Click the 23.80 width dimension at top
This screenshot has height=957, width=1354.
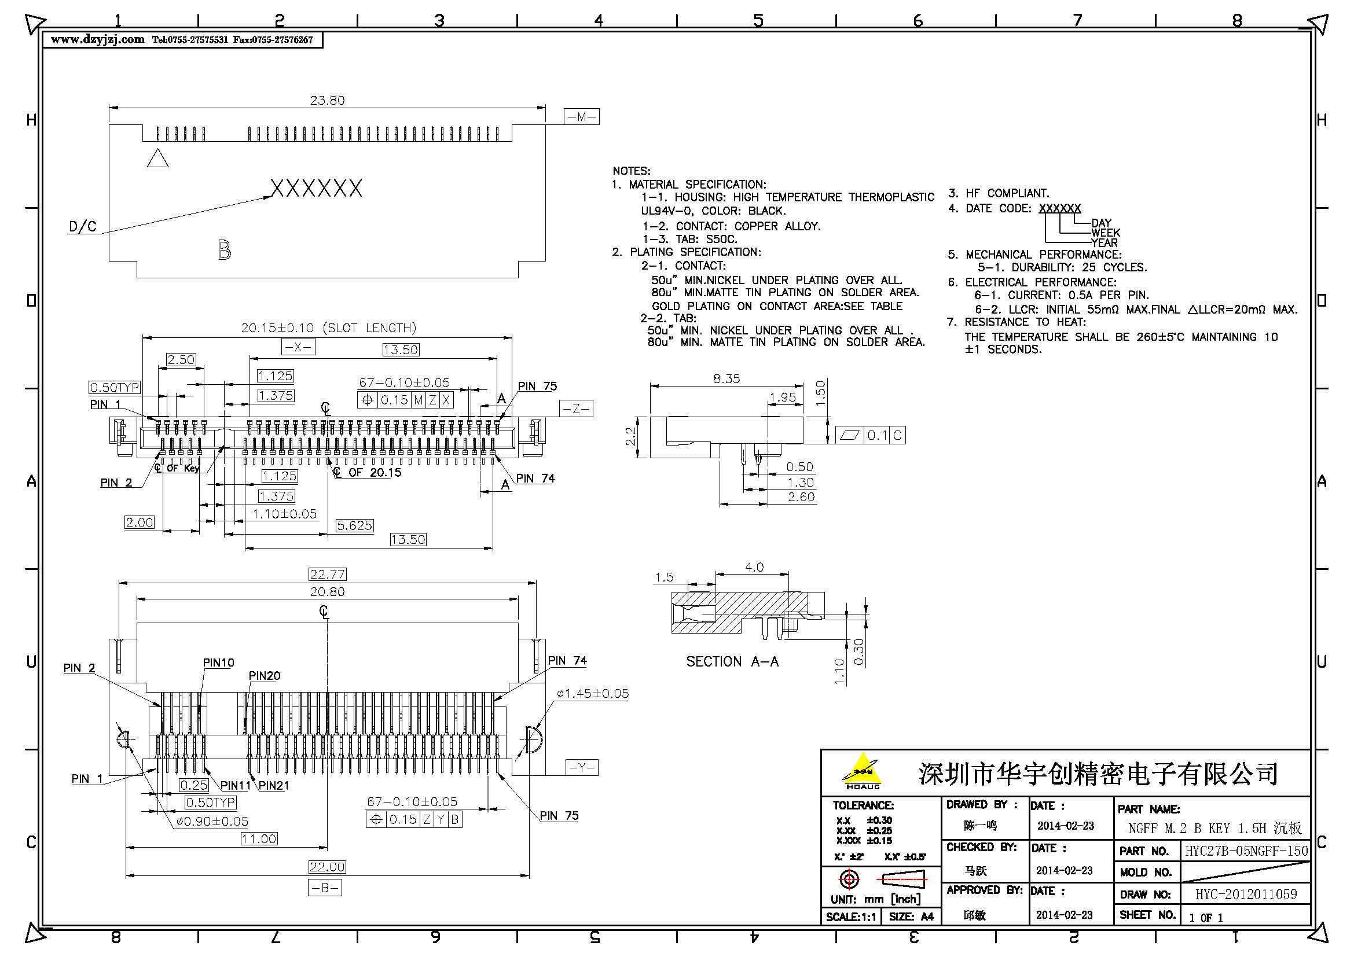coord(327,100)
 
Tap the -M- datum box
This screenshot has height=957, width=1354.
coord(581,117)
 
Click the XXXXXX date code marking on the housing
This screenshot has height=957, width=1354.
coord(316,189)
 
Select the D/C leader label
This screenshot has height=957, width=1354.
coord(83,227)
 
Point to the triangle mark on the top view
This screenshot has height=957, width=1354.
coord(157,159)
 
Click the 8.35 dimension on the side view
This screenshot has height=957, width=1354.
coord(726,379)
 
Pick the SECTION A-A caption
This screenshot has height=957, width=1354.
coord(732,662)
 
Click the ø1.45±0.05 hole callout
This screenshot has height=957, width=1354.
coord(592,694)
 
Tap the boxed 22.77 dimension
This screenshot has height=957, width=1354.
coord(327,574)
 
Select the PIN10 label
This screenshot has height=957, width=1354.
coord(218,663)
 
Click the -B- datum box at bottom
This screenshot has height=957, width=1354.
coord(325,888)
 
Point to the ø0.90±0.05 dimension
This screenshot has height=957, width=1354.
coord(212,822)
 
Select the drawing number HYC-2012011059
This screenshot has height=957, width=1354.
coord(1246,895)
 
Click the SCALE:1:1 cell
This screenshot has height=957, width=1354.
coord(851,917)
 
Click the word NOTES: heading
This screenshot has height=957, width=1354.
coord(631,171)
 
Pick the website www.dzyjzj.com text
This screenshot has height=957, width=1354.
coord(98,39)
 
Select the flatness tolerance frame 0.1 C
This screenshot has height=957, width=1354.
coord(871,435)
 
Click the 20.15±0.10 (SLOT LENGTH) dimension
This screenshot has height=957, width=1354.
coord(328,327)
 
